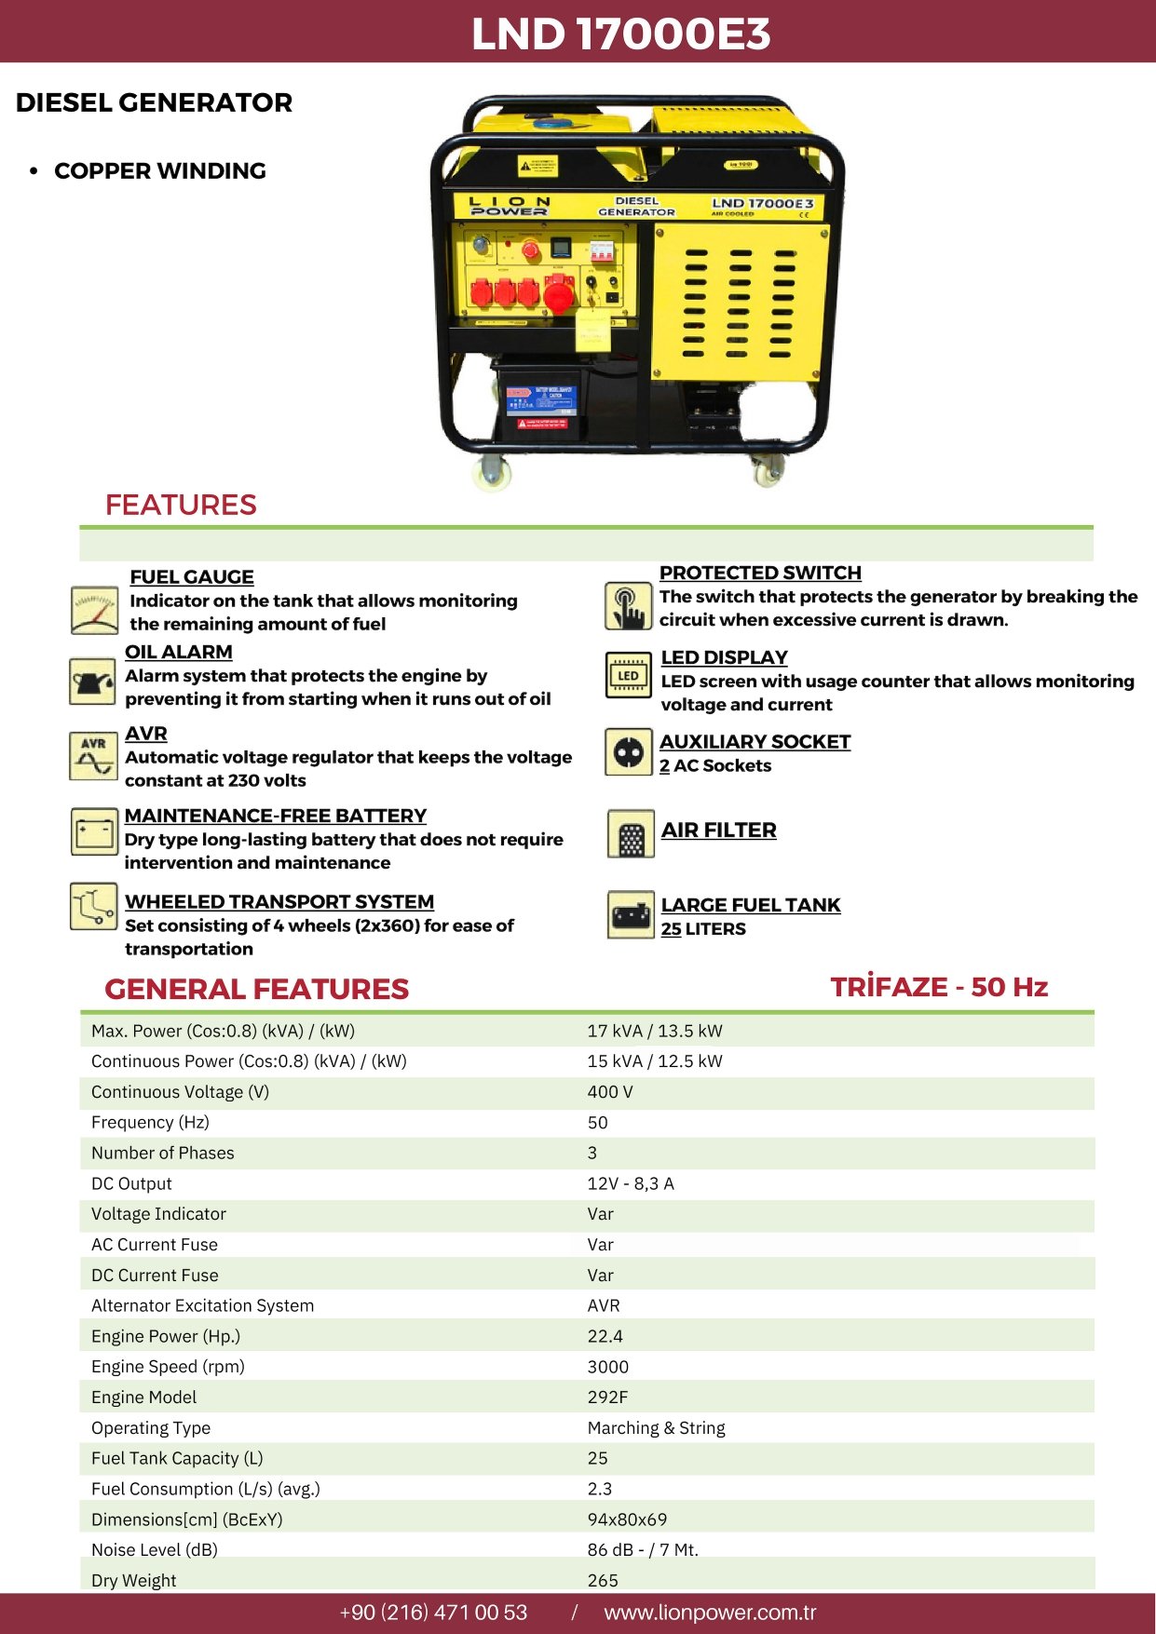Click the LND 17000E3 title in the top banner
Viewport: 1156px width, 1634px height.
pos(620,34)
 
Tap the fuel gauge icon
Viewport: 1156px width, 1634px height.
pos(93,611)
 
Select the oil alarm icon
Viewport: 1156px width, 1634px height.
pos(92,682)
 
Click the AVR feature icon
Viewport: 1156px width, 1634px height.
pos(92,755)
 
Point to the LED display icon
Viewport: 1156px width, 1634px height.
pos(628,675)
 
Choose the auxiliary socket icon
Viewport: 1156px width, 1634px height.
pos(628,751)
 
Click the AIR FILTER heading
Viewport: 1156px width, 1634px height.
pos(718,830)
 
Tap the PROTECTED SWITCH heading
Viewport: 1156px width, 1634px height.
pos(760,573)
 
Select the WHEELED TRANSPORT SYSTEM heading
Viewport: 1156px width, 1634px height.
pos(279,901)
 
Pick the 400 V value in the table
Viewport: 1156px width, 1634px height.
pos(609,1091)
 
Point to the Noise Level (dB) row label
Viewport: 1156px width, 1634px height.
pos(155,1549)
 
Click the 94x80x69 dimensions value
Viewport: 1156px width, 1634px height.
pos(627,1519)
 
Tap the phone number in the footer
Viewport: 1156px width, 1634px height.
pos(433,1613)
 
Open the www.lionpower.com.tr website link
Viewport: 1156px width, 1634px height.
pos(710,1613)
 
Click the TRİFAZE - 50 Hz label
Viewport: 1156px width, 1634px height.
pos(939,987)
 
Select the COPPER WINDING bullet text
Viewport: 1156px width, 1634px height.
pos(160,171)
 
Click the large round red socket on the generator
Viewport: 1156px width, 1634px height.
pos(559,296)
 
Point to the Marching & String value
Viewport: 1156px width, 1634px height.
pos(656,1427)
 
